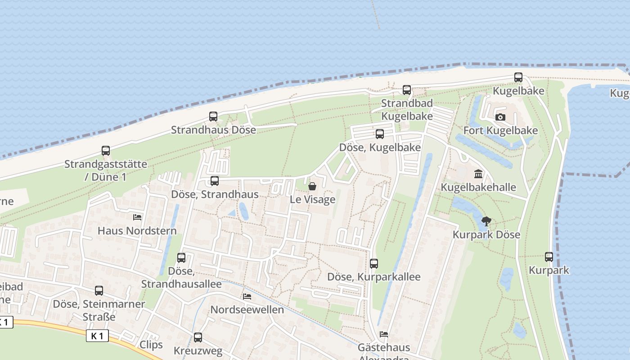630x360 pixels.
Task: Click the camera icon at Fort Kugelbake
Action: pyautogui.click(x=500, y=117)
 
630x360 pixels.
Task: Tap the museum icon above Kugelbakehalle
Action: pyautogui.click(x=478, y=174)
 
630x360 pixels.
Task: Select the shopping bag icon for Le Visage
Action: pyautogui.click(x=312, y=186)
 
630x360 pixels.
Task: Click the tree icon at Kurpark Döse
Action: pyautogui.click(x=486, y=221)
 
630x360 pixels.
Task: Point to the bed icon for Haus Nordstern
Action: pyautogui.click(x=137, y=217)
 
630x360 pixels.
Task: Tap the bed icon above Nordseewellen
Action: pyautogui.click(x=247, y=297)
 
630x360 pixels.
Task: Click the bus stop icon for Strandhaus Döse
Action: pyautogui.click(x=213, y=117)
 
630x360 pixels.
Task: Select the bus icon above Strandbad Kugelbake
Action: pyautogui.click(x=407, y=90)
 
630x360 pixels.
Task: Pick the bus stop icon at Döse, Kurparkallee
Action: pyautogui.click(x=374, y=264)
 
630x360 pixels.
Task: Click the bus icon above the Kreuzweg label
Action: pyautogui.click(x=198, y=337)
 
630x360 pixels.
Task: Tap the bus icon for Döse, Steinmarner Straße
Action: pyautogui.click(x=99, y=291)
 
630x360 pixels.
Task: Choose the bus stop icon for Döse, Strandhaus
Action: pyautogui.click(x=215, y=181)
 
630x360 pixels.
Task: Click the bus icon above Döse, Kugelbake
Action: pyautogui.click(x=380, y=134)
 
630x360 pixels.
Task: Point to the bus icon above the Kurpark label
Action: pyautogui.click(x=549, y=257)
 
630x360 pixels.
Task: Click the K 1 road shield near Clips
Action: pyautogui.click(x=97, y=336)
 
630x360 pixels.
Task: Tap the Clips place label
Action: pyautogui.click(x=151, y=345)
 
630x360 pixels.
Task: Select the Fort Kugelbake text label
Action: pyautogui.click(x=500, y=130)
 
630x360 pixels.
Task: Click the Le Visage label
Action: pyautogui.click(x=312, y=199)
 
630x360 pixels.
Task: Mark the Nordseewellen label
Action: pyautogui.click(x=247, y=310)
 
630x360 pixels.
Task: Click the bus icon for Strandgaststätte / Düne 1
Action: pyautogui.click(x=106, y=151)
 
